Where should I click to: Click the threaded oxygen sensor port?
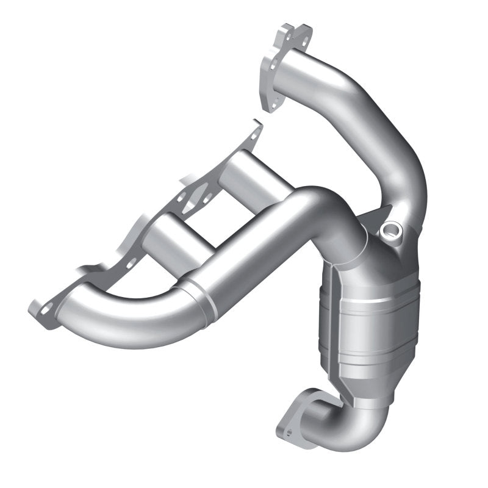click(390, 232)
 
